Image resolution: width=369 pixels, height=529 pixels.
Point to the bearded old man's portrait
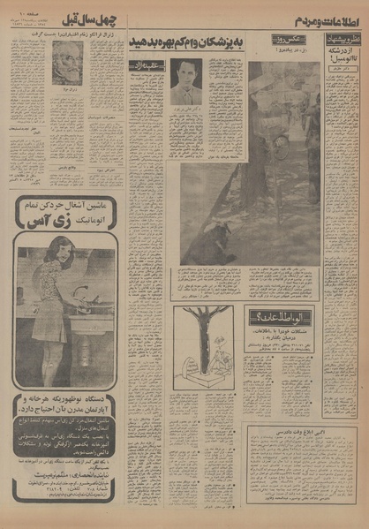[67, 64]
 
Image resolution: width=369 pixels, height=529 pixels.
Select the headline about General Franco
[68, 35]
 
